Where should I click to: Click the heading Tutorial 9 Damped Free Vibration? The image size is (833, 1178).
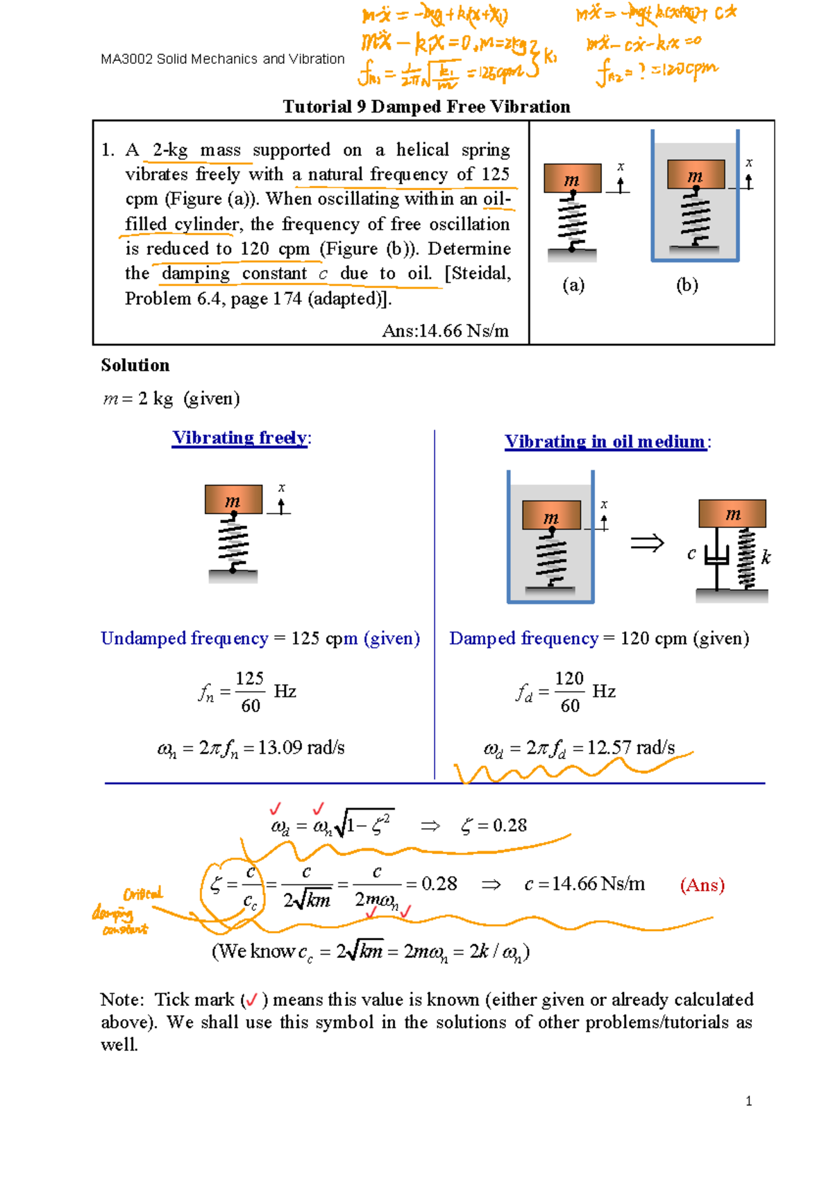point(426,107)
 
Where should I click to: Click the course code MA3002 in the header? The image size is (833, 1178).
point(126,60)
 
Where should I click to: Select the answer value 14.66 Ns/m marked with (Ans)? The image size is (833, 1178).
point(585,884)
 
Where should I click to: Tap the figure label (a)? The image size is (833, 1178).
point(573,285)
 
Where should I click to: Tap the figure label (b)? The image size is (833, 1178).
point(687,285)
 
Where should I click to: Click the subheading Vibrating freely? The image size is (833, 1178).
point(240,438)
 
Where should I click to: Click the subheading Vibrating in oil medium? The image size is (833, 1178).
point(605,442)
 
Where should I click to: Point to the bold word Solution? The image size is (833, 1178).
point(135,366)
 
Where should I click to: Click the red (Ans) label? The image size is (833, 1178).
point(702,885)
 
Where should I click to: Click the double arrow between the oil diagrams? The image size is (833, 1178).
point(647,543)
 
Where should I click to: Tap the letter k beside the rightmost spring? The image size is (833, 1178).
point(766,558)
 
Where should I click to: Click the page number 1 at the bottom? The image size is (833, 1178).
point(748,1101)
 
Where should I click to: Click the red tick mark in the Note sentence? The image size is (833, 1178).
point(251,1000)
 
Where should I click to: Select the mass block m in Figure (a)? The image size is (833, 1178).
point(572,178)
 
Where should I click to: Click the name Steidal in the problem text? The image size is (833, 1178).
point(479,274)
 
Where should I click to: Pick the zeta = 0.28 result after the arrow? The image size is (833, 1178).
point(494,826)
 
